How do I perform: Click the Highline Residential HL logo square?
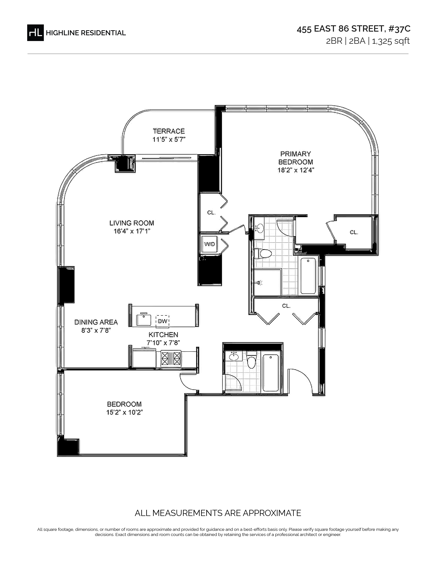click(35, 32)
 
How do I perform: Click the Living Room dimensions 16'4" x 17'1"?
click(132, 231)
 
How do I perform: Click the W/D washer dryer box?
click(209, 244)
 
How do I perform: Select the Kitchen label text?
click(163, 335)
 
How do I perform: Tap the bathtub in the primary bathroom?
click(308, 276)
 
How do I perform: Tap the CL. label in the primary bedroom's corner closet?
click(354, 232)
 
